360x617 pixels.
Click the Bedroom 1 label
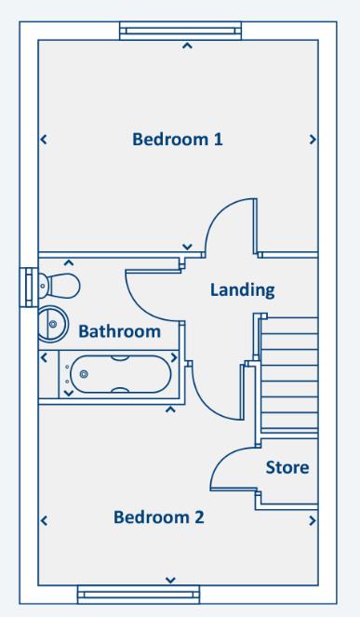coord(178,141)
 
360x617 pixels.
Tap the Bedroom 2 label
coord(158,516)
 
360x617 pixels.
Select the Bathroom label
coord(119,331)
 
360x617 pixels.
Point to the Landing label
coord(242,289)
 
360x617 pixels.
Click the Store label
coord(287,467)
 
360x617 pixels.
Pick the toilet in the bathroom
coord(60,282)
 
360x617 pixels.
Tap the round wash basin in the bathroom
coord(52,324)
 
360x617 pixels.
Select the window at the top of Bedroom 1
coord(187,32)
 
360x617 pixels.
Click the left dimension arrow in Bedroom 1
coord(43,141)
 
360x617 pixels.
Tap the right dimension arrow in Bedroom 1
coord(312,141)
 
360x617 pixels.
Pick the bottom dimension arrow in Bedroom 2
coord(169,580)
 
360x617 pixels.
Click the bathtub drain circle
coord(85,373)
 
